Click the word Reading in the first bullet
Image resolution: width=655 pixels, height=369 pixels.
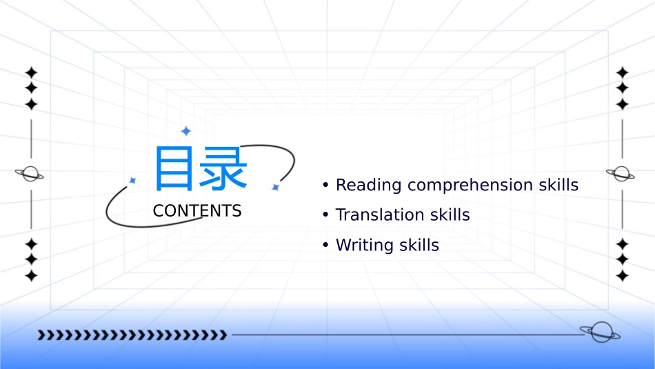click(369, 185)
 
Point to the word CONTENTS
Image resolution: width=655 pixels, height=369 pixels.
click(197, 211)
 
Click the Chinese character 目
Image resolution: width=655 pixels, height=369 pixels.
click(173, 168)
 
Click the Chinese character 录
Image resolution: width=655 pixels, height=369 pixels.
click(223, 168)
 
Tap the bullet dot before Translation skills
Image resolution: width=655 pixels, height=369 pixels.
click(325, 215)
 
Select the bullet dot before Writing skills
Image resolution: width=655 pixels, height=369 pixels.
click(325, 246)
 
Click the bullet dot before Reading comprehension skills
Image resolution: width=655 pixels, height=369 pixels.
click(325, 186)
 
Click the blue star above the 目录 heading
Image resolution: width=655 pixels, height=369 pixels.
click(185, 131)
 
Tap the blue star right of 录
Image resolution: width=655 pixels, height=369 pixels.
click(275, 187)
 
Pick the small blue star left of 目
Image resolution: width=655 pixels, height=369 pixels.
click(132, 180)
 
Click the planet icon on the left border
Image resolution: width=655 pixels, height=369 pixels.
click(30, 174)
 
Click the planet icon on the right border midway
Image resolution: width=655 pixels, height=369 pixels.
click(621, 173)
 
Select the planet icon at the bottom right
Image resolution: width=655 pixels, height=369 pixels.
click(600, 332)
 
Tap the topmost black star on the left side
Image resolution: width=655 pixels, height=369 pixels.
click(31, 72)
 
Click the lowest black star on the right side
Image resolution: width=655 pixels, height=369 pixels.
click(623, 276)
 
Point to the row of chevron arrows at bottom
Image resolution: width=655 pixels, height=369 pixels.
click(132, 335)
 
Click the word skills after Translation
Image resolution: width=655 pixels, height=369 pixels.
click(447, 215)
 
